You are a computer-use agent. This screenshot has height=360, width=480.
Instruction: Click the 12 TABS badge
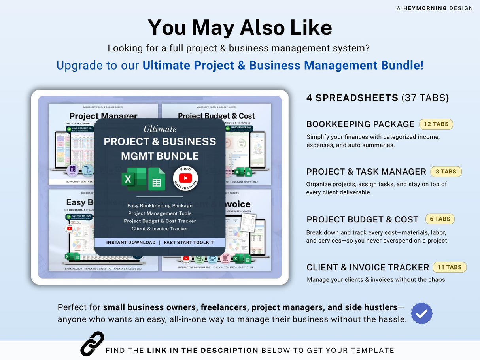coord(436,124)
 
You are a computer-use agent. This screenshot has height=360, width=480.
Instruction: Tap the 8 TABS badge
coord(446,172)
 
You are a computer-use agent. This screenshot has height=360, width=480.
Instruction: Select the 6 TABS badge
coord(440,219)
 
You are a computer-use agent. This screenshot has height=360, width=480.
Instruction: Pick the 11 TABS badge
coord(450,267)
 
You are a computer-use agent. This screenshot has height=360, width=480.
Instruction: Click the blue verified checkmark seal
coord(421,313)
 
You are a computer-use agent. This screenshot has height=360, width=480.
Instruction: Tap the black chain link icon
coord(92,344)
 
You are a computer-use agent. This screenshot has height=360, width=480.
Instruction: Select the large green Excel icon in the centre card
coord(134,179)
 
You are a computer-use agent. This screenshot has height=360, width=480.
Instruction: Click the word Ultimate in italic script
coord(160,129)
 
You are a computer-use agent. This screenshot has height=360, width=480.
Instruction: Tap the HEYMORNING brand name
coord(425,8)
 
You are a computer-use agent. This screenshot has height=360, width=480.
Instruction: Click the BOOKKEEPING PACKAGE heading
coord(360,124)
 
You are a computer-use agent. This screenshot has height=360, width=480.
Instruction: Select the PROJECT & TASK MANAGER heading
coord(366,172)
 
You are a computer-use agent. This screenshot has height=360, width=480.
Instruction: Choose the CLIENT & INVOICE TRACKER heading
coord(368,267)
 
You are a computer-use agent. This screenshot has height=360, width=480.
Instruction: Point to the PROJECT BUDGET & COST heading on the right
coord(362,219)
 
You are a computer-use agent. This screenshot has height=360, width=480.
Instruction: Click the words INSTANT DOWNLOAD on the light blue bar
coord(131,242)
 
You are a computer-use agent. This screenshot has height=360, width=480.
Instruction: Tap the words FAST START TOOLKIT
coord(189,242)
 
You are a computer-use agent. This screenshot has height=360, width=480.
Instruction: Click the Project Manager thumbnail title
coord(103,116)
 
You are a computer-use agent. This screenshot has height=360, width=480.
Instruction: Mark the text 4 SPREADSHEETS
coord(352,98)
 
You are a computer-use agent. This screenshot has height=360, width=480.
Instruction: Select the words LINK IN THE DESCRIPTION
coord(202,350)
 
